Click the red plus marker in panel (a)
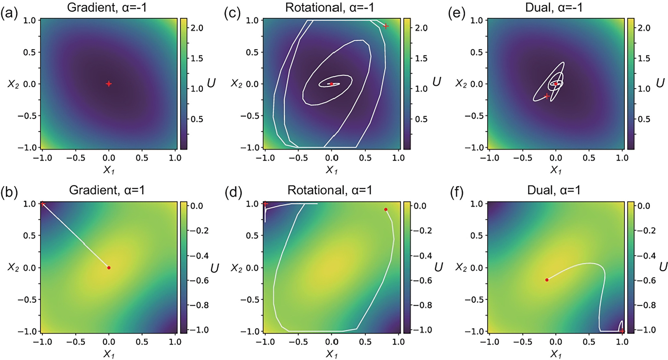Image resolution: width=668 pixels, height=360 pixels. tap(109, 84)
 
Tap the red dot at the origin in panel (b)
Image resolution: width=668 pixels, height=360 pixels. tap(109, 267)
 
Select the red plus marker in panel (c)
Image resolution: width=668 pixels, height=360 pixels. tap(386, 26)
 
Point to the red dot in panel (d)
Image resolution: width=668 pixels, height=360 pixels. tap(386, 210)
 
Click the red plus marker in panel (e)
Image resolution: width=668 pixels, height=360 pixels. tap(547, 96)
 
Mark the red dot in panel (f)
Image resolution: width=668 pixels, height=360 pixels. tap(547, 280)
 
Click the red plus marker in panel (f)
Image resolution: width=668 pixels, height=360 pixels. tap(622, 331)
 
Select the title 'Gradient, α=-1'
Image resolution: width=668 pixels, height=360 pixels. tap(107, 7)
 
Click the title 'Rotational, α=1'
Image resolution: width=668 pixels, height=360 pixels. tap(330, 190)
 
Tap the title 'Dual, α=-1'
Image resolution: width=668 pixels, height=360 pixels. tap(554, 7)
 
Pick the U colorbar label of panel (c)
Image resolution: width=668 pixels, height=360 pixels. tap(436, 82)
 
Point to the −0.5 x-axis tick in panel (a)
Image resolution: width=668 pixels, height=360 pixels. tap(75, 158)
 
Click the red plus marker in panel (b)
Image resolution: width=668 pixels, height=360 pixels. tap(42, 204)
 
